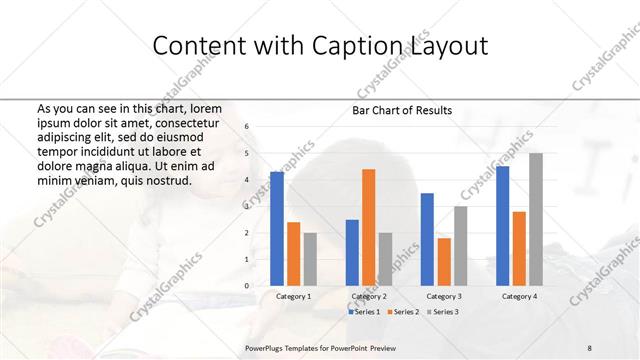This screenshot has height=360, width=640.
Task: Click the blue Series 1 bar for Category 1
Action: coord(277,229)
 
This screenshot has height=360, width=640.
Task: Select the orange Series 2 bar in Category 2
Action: coord(368,227)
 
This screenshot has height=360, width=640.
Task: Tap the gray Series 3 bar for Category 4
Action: coord(536,219)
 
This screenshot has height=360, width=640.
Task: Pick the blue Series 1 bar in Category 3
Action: coord(427,239)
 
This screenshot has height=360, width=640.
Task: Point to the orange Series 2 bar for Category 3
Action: coord(444,261)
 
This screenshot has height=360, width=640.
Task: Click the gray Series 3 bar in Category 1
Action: coord(310,259)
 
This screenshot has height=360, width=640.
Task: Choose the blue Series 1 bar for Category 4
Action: coord(502,226)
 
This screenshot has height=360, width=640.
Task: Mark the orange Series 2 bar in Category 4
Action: coord(519,248)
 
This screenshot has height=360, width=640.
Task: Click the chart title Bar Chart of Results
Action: coord(402,110)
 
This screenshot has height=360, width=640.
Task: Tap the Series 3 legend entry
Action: coord(442,313)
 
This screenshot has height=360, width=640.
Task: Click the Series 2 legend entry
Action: coord(403,313)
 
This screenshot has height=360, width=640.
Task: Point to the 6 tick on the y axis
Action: coord(247,127)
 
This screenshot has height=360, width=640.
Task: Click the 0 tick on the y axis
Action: coord(247,286)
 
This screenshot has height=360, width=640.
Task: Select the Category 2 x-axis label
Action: coord(368,297)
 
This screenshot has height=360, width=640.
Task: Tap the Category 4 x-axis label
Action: coord(519,297)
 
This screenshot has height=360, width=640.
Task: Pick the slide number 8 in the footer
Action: coord(590,347)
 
